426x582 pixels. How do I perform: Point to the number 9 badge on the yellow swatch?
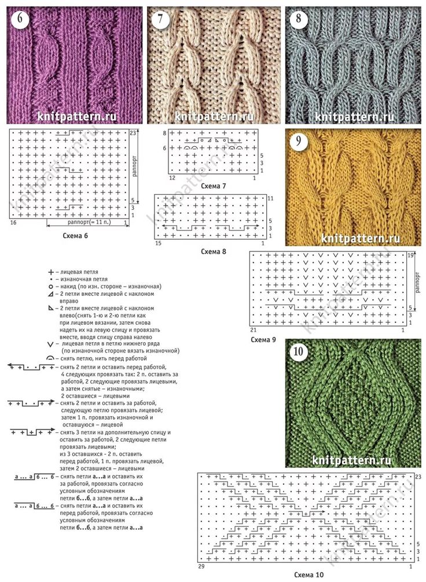(x=299, y=142)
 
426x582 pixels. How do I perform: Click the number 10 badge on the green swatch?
(x=299, y=351)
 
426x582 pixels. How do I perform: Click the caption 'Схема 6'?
(x=75, y=236)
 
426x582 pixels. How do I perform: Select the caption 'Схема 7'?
(x=214, y=186)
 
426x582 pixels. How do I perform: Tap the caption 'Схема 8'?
(x=214, y=251)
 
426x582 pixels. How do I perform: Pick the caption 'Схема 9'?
(x=263, y=340)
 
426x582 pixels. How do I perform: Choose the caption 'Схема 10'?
(x=309, y=575)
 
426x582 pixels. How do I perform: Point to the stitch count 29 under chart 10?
(x=201, y=566)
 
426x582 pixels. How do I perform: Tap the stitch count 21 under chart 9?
(x=253, y=330)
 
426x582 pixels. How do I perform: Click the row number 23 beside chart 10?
(x=418, y=477)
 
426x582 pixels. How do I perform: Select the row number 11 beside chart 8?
(x=271, y=199)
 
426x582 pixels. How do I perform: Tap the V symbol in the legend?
(x=50, y=345)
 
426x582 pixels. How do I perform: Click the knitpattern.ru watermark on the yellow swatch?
(x=360, y=238)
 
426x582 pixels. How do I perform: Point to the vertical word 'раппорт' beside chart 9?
(x=416, y=283)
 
